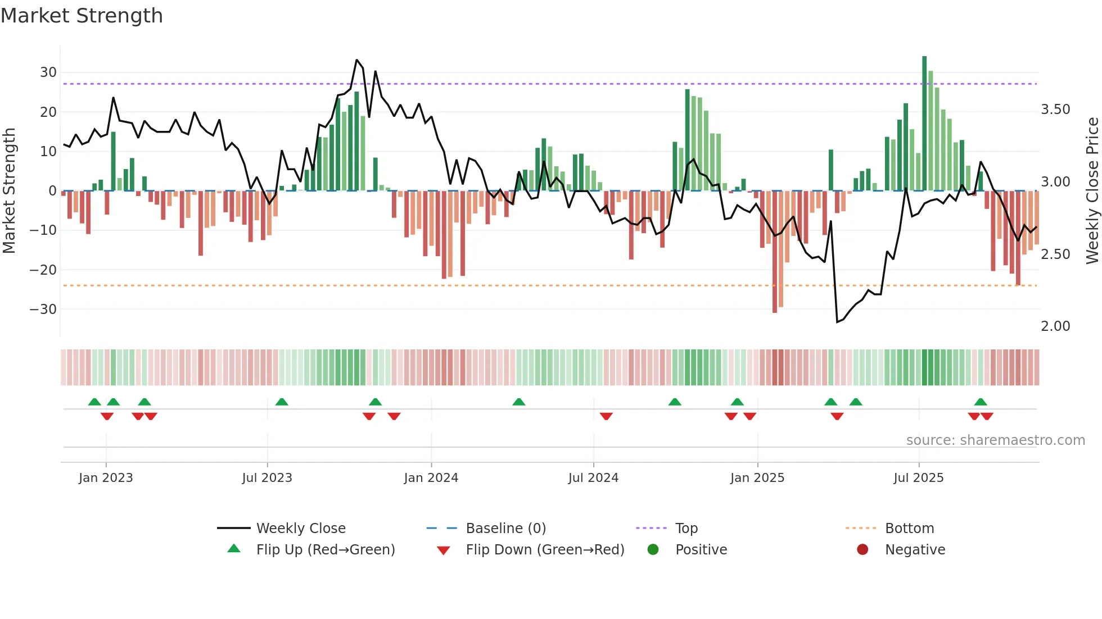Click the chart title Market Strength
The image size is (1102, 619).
82,16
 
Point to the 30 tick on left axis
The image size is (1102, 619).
48,72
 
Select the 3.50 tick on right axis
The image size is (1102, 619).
1055,110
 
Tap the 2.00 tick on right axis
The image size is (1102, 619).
1055,326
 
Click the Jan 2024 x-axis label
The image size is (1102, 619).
431,478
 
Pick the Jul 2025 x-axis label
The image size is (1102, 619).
918,478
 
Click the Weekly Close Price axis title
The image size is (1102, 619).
1092,191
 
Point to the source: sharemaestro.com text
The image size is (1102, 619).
995,440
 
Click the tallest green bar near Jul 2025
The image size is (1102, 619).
924,124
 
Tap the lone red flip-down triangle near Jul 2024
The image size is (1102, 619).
606,416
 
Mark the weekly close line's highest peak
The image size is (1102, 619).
356,60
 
